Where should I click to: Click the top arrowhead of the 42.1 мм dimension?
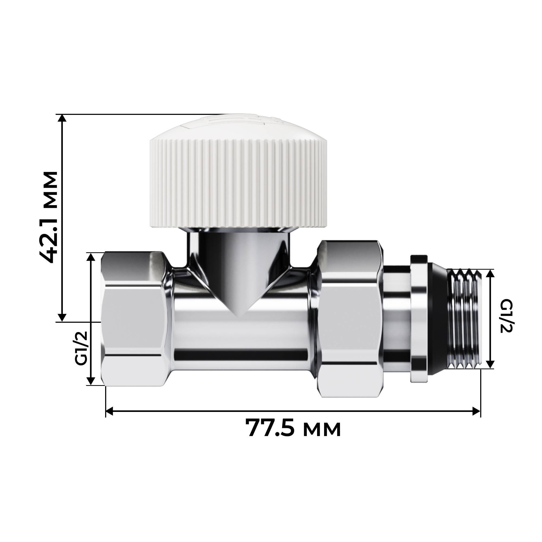pos(62,118)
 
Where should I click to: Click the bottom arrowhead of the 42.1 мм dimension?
pos(62,318)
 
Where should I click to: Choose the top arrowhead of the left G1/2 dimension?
pos(91,257)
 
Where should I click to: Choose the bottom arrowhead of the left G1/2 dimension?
pos(91,381)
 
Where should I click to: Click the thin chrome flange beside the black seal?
pos(419,318)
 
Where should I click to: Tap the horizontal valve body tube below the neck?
pos(241,337)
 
